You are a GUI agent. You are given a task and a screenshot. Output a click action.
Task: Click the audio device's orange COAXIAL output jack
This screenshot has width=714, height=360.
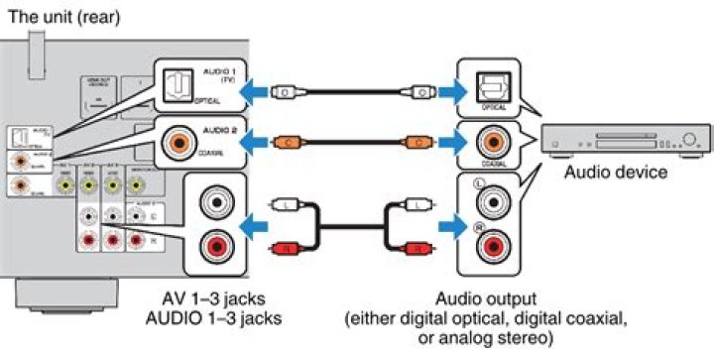point(492,140)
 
